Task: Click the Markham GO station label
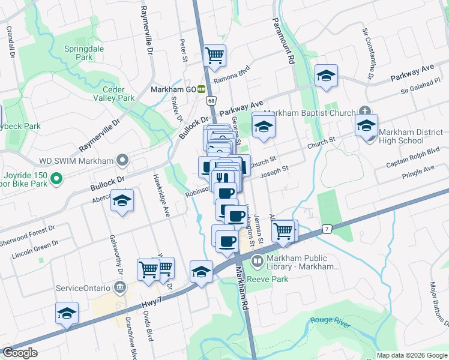(x=175, y=89)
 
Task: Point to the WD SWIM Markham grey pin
(x=123, y=160)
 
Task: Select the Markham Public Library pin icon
(x=257, y=261)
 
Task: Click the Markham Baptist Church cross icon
(x=365, y=110)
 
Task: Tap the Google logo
(x=20, y=353)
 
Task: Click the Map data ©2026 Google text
(x=412, y=356)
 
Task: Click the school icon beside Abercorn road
(x=122, y=201)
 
